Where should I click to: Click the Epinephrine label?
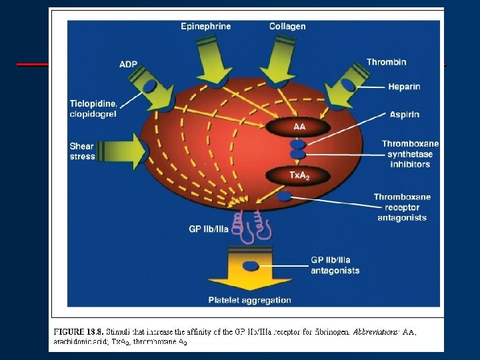pyautogui.click(x=206, y=26)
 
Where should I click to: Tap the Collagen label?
pyautogui.click(x=287, y=26)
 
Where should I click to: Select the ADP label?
pyautogui.click(x=129, y=65)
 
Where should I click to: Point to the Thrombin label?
pyautogui.click(x=386, y=62)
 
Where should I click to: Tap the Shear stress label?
pyautogui.click(x=82, y=151)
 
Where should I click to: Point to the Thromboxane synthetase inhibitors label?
pyautogui.click(x=410, y=153)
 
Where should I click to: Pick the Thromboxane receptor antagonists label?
pyautogui.click(x=402, y=207)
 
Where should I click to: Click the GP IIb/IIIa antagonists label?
pyautogui.click(x=335, y=265)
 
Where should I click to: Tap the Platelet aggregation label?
pyautogui.click(x=249, y=300)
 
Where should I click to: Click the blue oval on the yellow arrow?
pyautogui.click(x=250, y=265)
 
